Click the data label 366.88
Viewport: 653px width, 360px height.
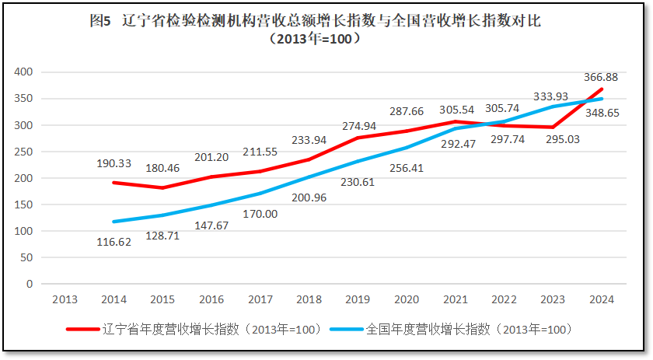(601, 77)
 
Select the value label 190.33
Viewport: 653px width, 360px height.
(114, 163)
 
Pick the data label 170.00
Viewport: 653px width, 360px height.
(260, 214)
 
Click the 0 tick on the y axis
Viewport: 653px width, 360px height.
(30, 284)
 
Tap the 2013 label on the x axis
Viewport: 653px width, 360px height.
(65, 299)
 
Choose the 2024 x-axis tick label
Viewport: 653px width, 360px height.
(602, 299)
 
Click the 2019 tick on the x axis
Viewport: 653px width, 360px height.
(358, 299)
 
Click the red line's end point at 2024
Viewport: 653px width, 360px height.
(602, 89)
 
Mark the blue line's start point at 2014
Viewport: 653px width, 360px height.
(114, 222)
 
